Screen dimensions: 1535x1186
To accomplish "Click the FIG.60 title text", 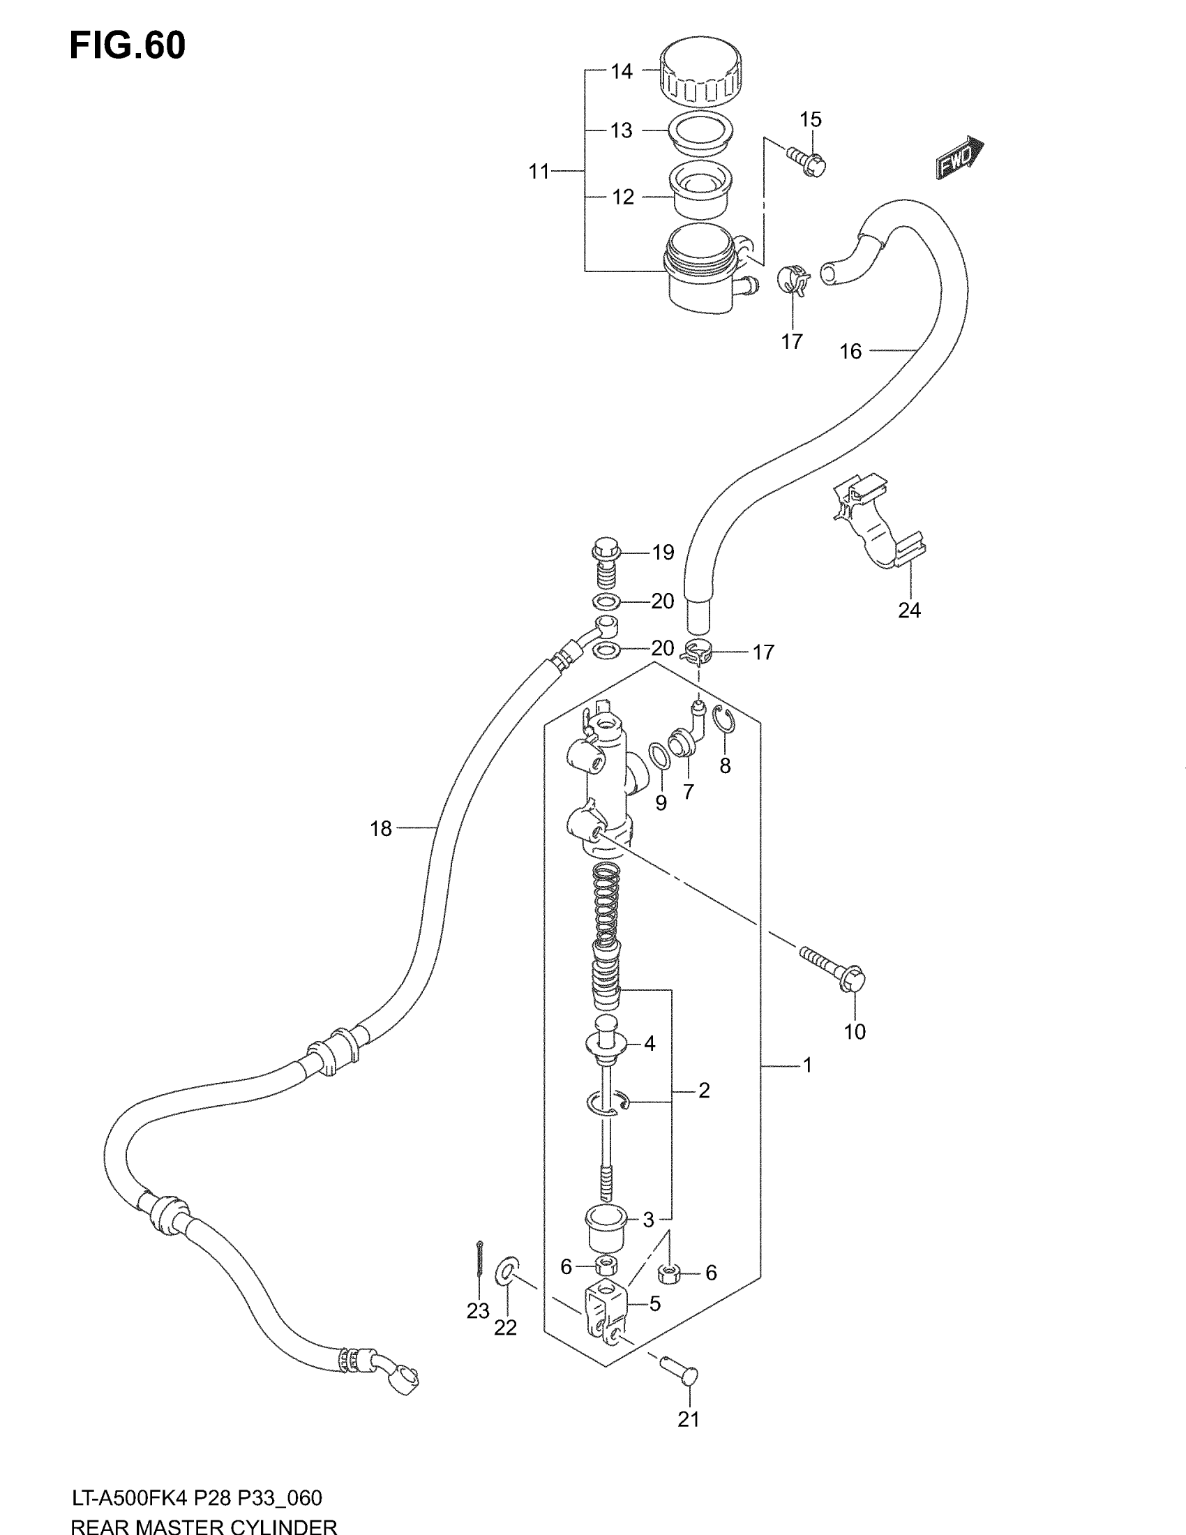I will pos(127,46).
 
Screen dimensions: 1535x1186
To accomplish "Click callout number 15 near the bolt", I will pos(811,119).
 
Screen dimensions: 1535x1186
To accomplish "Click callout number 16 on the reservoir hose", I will pos(850,352).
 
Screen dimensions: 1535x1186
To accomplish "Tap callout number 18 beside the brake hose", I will pos(381,830).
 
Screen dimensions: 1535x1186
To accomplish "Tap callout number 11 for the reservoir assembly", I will pos(539,172).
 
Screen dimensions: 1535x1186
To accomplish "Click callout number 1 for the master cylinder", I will pos(807,1065).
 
